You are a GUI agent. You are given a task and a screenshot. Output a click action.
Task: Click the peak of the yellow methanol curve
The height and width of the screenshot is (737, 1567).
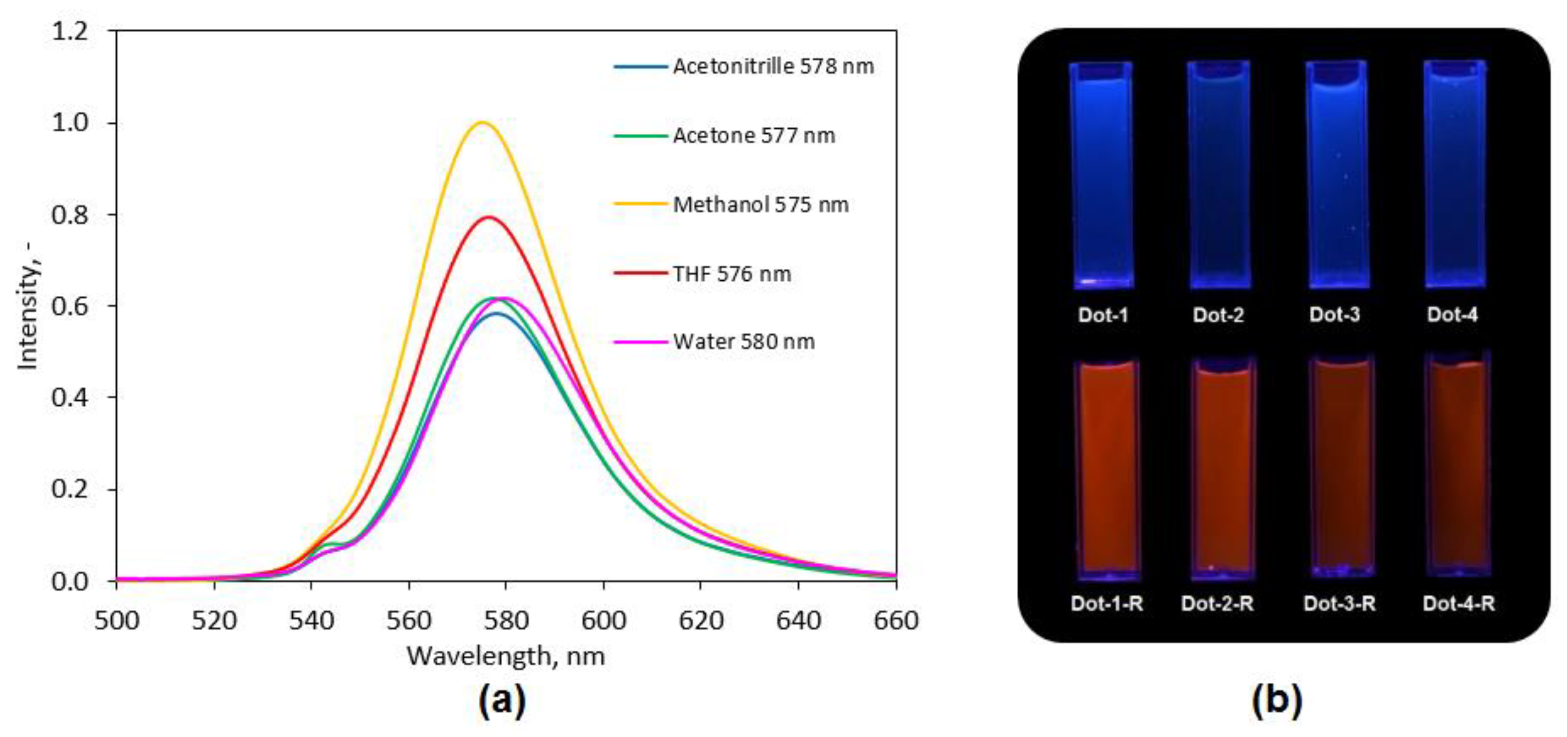point(483,123)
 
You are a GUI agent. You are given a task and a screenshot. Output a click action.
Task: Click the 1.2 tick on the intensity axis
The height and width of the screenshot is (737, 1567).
point(70,30)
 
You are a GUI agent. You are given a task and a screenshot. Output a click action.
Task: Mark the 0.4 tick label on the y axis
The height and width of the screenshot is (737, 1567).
point(70,398)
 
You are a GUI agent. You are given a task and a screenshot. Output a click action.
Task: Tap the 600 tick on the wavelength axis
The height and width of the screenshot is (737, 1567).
point(603,621)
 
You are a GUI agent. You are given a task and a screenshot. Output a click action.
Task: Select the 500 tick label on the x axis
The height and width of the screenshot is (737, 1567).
point(117,621)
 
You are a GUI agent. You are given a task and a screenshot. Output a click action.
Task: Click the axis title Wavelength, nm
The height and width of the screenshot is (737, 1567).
point(505,656)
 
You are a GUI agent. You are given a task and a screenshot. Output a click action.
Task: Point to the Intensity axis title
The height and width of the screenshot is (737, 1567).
point(28,304)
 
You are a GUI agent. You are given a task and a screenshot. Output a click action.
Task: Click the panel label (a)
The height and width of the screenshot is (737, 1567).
point(502,701)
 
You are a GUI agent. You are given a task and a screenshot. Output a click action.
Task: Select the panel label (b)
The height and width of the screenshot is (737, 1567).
point(1277,701)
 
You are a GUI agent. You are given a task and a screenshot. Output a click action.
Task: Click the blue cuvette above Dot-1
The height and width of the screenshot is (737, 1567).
point(1101,176)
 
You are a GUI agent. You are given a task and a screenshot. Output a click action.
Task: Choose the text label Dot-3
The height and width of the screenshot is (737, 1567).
point(1334,315)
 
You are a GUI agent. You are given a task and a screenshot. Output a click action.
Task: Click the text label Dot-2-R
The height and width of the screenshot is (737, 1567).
point(1217,604)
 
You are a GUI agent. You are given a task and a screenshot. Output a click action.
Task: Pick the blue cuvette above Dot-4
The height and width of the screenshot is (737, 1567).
point(1454,176)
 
